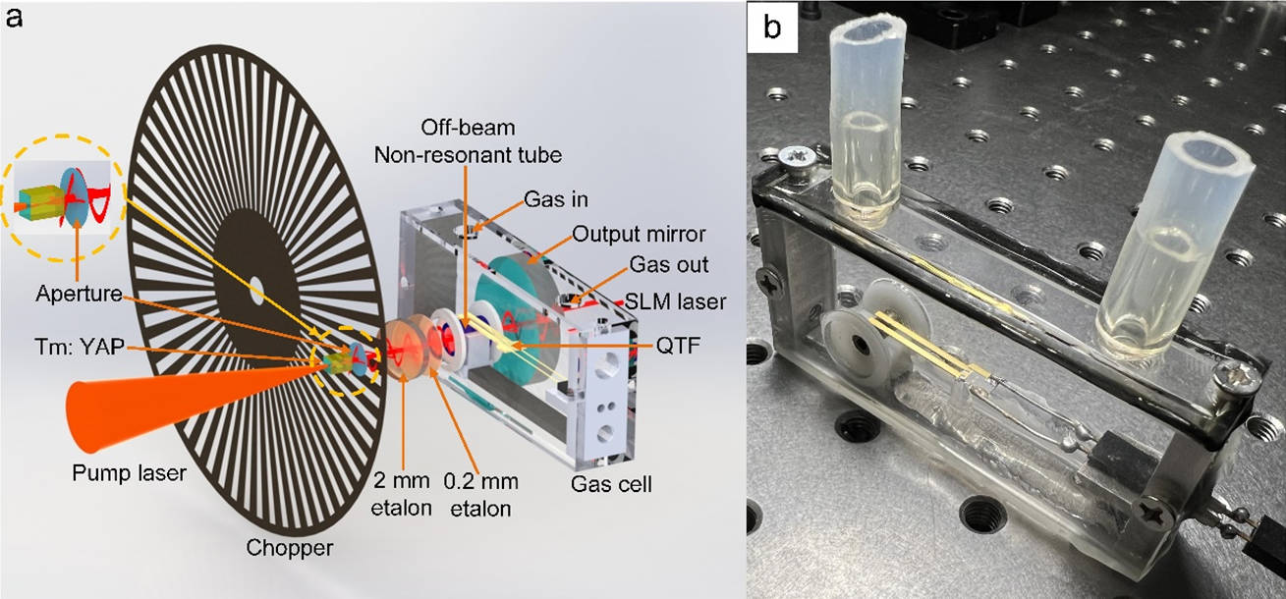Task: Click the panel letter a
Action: coord(14,19)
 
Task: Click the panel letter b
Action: coord(772,27)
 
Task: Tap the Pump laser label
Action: coord(129,473)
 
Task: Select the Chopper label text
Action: coord(290,548)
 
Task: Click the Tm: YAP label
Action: coord(80,347)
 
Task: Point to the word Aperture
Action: coord(80,294)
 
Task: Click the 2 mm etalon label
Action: coord(401,494)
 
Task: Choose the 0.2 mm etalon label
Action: coord(481,494)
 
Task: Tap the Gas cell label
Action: coord(611,484)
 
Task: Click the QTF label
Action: coord(678,346)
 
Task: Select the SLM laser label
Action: coord(675,301)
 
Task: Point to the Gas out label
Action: coord(669,264)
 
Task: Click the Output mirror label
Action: coord(639,234)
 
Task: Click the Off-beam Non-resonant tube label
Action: coord(468,141)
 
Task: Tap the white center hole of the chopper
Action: coord(256,292)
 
